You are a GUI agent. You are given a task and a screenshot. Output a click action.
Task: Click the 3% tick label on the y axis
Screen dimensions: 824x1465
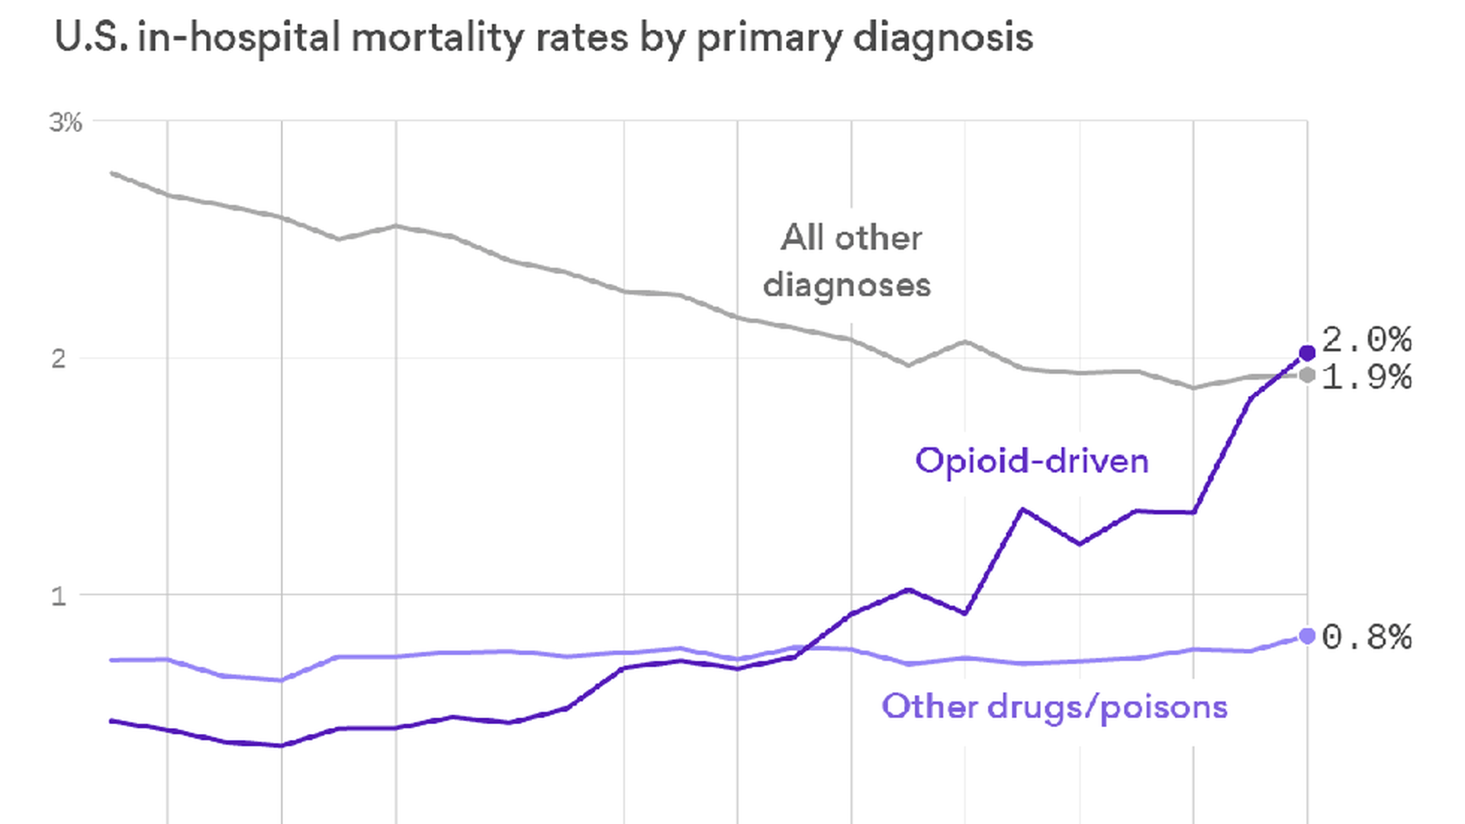click(x=66, y=122)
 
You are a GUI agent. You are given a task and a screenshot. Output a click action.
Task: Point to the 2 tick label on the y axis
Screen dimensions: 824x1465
click(x=59, y=359)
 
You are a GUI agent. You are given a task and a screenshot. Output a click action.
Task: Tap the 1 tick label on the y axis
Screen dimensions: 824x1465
click(x=59, y=596)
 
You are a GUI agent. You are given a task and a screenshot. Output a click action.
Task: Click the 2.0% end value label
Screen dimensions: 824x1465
click(x=1367, y=340)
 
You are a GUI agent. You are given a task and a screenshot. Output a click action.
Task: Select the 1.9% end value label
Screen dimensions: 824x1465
click(x=1367, y=378)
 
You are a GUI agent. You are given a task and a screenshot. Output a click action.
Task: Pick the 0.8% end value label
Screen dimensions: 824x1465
click(x=1367, y=637)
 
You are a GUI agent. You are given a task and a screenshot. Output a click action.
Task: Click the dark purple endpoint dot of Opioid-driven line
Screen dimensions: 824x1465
click(x=1307, y=352)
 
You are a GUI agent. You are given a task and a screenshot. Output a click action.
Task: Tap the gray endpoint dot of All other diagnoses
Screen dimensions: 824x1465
click(x=1307, y=375)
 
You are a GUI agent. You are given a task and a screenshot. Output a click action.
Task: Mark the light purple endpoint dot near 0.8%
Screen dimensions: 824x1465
click(x=1307, y=636)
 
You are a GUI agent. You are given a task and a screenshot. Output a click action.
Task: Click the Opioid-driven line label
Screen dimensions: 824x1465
click(x=1032, y=461)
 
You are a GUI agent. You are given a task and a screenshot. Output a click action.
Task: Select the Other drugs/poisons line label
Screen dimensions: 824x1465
click(x=1054, y=707)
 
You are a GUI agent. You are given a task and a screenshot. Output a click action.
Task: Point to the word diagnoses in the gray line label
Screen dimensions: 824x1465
click(x=847, y=285)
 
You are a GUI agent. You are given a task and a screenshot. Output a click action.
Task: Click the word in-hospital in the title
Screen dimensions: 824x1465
click(x=239, y=37)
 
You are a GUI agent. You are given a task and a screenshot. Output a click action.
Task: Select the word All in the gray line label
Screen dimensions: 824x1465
click(x=803, y=238)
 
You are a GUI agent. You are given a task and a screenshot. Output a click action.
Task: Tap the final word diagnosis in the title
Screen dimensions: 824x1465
click(x=943, y=37)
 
